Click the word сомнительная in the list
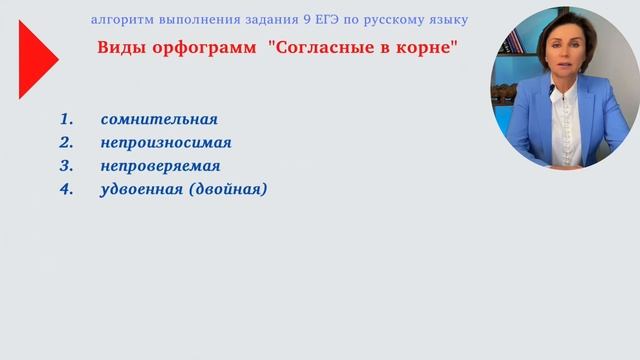point(159,120)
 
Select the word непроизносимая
point(166,143)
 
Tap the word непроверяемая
point(160,166)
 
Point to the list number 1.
point(67,120)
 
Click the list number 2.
point(67,143)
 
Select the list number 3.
point(67,166)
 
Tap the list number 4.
point(67,189)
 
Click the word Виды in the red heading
point(122,49)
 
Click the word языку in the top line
point(445,20)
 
